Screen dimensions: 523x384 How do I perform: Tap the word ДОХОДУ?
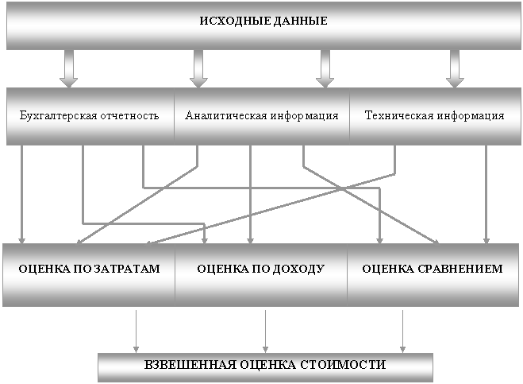pos(298,269)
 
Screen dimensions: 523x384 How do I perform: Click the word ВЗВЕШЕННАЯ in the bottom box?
pos(190,364)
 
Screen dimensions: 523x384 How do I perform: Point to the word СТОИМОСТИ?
pos(343,364)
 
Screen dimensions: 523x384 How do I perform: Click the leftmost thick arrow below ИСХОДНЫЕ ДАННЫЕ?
pos(69,69)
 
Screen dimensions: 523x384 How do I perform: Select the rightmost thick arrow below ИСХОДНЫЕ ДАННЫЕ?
pos(455,69)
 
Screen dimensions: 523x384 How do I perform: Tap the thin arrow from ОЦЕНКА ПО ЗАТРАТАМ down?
pos(136,332)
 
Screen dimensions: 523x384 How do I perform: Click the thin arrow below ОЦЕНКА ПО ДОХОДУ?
pos(266,332)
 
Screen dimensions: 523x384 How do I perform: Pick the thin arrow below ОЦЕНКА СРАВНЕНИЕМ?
pos(402,332)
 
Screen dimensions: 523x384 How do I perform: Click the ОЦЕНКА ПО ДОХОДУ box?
pos(261,275)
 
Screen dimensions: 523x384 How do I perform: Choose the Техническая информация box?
pos(435,116)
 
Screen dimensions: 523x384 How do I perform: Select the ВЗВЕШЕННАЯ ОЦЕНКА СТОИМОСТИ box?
pos(266,367)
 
